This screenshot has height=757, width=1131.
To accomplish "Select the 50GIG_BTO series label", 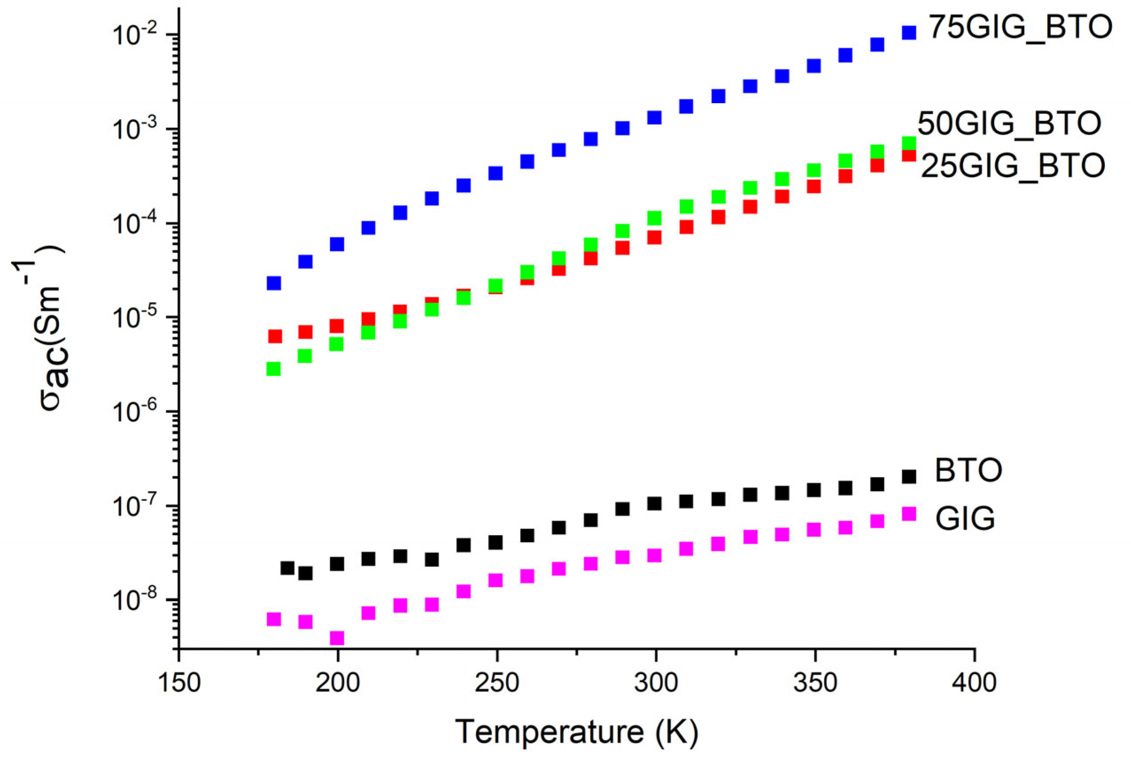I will point(1009,124).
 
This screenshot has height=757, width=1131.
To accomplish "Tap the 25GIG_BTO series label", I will point(1012,166).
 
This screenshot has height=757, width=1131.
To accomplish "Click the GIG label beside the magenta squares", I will point(965,519).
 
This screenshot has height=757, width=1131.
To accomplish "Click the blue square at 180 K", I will point(274,283).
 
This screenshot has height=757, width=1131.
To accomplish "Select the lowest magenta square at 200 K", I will point(337,638).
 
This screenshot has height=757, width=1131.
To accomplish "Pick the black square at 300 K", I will point(654,504).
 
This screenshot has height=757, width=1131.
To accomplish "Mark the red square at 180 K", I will point(275,336).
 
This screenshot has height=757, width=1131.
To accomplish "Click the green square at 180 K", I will point(274,369).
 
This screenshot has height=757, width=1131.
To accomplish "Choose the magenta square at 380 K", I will point(909,514).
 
